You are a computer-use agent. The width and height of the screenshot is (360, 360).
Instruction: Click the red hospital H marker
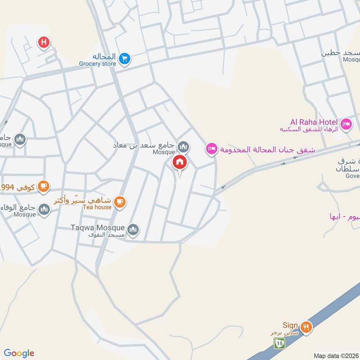[44, 43]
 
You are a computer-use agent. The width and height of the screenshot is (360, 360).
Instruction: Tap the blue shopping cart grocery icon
[125, 58]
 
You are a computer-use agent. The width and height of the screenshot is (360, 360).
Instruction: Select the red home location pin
[180, 162]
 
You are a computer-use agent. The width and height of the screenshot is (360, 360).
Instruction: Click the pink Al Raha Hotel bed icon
[346, 123]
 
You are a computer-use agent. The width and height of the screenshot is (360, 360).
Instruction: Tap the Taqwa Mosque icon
[133, 230]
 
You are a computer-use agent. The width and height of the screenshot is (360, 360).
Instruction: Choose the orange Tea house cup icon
[119, 202]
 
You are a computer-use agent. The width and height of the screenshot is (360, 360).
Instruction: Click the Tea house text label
[97, 207]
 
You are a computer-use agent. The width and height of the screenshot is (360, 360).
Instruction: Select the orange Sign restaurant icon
[306, 327]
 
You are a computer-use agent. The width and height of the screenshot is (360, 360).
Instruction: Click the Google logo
[19, 353]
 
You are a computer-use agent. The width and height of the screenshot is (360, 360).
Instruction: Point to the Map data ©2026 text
[336, 355]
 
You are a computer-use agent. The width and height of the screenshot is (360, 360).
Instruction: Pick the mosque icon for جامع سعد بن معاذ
[183, 146]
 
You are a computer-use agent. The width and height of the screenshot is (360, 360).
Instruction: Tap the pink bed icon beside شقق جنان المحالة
[211, 148]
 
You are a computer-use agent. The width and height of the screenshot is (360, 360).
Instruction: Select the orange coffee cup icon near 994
[43, 186]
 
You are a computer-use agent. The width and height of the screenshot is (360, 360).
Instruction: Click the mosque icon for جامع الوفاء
[44, 209]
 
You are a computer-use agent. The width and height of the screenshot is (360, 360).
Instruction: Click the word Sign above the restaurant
[290, 325]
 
